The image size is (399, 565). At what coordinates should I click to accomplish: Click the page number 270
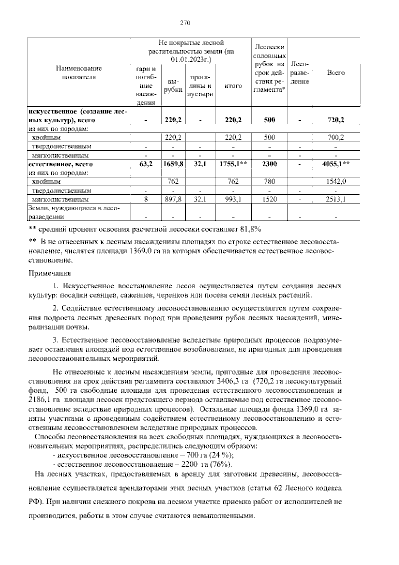pyautogui.click(x=185, y=23)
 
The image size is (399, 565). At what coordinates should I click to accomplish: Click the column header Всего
pyautogui.click(x=335, y=73)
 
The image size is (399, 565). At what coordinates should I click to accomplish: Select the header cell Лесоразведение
pyautogui.click(x=300, y=73)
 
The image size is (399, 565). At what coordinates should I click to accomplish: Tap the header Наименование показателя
pyautogui.click(x=79, y=73)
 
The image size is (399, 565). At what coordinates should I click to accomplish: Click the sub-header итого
pyautogui.click(x=233, y=86)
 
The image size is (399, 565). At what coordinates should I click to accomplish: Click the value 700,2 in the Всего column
pyautogui.click(x=335, y=137)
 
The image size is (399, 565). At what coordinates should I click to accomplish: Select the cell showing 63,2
pyautogui.click(x=146, y=164)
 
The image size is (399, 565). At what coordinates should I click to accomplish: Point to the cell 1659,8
pyautogui.click(x=173, y=164)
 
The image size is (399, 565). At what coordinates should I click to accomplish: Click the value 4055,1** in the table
pyautogui.click(x=336, y=164)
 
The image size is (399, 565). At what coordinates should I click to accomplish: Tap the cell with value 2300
pyautogui.click(x=269, y=164)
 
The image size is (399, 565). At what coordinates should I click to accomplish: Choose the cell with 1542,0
pyautogui.click(x=335, y=182)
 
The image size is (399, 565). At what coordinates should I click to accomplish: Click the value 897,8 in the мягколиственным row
pyautogui.click(x=173, y=200)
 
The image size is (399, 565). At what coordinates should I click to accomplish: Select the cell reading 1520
pyautogui.click(x=269, y=200)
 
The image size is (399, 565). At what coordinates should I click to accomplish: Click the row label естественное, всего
pyautogui.click(x=61, y=164)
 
